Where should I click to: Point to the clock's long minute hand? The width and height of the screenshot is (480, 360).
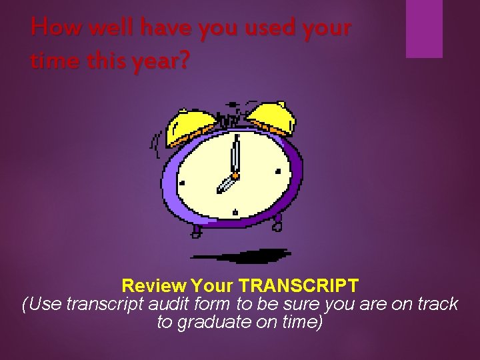[235, 153]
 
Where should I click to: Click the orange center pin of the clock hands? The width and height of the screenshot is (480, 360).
[235, 175]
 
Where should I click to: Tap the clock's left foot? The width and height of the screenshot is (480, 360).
[197, 231]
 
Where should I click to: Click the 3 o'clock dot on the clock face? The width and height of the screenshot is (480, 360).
[278, 171]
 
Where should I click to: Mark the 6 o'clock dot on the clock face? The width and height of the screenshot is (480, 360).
[235, 213]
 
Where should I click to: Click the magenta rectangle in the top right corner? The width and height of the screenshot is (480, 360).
[424, 28]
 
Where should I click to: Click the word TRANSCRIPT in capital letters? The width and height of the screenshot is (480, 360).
[299, 287]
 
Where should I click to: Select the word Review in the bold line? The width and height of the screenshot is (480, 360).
[154, 287]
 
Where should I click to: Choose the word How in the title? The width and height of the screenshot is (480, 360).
[49, 28]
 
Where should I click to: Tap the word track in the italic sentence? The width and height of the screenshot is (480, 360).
[436, 305]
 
